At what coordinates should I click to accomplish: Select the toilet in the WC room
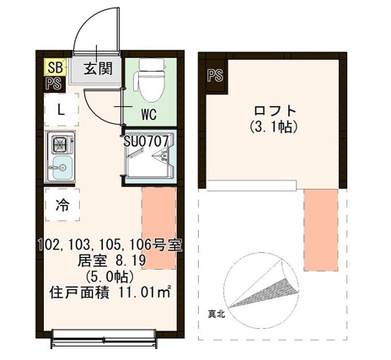pos(149,80)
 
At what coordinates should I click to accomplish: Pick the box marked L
pos(61,109)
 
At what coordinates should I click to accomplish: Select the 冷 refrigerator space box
pos(62,204)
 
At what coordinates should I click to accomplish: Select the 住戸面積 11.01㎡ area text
pos(110,293)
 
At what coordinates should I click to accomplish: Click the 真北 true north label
pos(217,314)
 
